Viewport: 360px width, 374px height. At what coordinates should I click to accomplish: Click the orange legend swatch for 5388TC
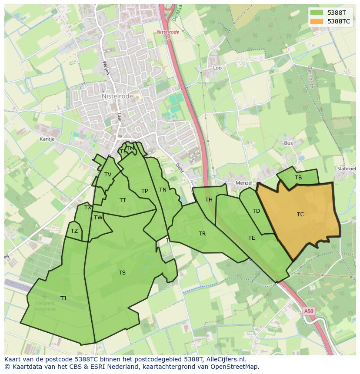[317, 21]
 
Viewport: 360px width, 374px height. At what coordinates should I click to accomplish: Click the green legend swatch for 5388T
[317, 13]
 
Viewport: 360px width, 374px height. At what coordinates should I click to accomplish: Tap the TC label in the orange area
[300, 214]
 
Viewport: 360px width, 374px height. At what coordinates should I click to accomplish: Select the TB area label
[298, 178]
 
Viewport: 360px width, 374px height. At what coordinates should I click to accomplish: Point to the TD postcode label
[256, 211]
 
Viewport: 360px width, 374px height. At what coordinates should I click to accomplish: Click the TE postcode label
[252, 238]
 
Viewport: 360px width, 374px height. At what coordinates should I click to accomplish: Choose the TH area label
[209, 199]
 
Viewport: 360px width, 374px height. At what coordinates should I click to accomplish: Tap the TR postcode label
[202, 234]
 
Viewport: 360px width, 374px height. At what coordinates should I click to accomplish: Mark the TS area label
[122, 273]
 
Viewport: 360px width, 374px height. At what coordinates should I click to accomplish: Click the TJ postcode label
[63, 298]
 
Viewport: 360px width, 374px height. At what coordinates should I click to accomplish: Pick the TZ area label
[74, 231]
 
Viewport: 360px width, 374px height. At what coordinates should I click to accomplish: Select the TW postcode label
[98, 218]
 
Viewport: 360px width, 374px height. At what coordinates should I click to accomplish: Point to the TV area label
[108, 175]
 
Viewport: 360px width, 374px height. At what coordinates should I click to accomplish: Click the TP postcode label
[144, 191]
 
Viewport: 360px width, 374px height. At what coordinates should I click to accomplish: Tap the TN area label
[163, 189]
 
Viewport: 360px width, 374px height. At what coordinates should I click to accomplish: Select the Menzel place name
[243, 183]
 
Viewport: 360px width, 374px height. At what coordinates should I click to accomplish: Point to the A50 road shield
[308, 311]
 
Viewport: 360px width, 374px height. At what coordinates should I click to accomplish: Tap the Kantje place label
[47, 139]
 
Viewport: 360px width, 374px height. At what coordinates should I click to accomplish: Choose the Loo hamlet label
[217, 68]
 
